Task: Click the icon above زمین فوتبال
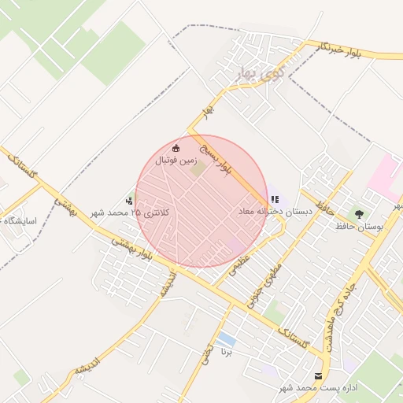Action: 176,148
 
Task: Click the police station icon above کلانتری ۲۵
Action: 129,200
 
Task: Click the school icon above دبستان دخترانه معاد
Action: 275,200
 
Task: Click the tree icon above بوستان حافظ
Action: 360,213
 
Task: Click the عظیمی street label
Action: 239,262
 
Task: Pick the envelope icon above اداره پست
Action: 318,376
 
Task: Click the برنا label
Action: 227,352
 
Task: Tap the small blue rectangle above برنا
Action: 227,339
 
